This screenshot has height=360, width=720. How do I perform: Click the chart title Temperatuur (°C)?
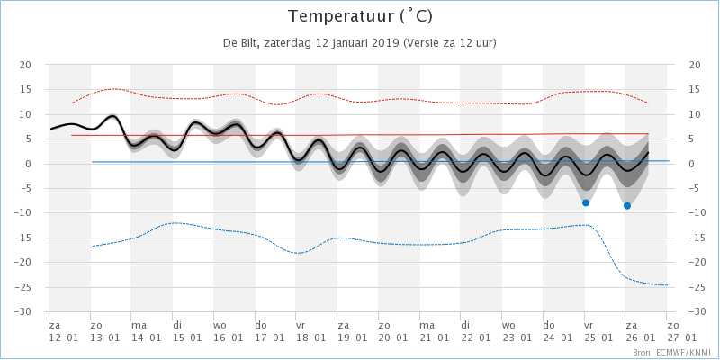[x=359, y=17]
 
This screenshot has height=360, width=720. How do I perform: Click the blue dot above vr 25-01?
[x=586, y=202]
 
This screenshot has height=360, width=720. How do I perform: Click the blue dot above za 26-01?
[x=627, y=206]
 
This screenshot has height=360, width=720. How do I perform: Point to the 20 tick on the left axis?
[x=25, y=65]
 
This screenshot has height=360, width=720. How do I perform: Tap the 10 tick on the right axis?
[x=695, y=114]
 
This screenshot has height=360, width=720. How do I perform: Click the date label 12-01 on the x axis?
[x=62, y=337]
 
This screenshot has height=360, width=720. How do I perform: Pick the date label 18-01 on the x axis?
[x=310, y=337]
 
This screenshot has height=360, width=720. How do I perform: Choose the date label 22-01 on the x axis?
[x=474, y=337]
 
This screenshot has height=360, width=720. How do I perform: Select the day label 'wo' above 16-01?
[x=220, y=325]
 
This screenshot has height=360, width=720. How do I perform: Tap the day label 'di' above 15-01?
[x=177, y=325]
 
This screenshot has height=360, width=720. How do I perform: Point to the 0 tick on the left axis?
[x=28, y=164]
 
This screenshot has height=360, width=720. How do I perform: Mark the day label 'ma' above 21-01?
[x=427, y=325]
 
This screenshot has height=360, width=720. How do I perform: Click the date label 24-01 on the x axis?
[x=557, y=337]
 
